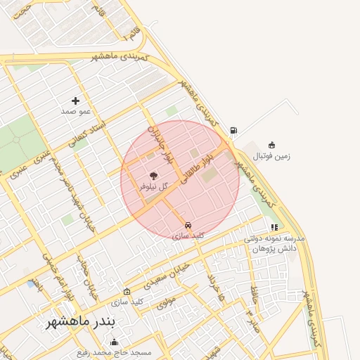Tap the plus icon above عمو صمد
75,101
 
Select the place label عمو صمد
75,111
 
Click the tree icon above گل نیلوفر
153,176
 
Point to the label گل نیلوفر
153,187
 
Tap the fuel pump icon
233,130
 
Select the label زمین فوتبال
271,156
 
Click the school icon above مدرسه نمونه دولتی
274,227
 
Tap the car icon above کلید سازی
188,225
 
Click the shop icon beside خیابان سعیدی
127,291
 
